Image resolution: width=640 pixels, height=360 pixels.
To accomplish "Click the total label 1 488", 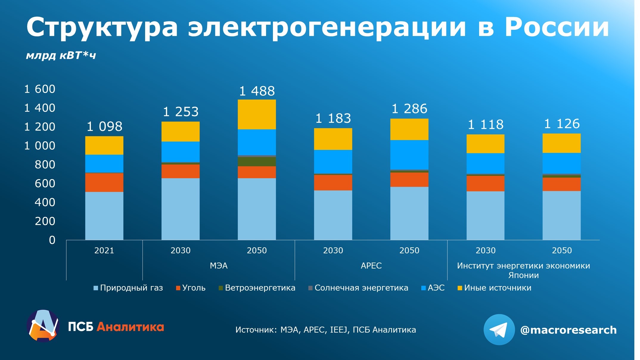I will coord(257,91).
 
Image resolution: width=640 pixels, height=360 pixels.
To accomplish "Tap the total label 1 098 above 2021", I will coord(104,127).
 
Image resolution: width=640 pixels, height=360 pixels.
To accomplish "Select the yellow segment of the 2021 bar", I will coord(104,145).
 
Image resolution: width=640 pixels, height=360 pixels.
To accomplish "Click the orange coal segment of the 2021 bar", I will coord(104,182).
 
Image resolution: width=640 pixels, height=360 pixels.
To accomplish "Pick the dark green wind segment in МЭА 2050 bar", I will coord(257,162).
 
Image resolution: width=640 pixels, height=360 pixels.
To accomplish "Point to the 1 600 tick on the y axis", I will coord(40,89).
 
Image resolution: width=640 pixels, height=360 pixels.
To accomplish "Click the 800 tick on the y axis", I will coord(45,165).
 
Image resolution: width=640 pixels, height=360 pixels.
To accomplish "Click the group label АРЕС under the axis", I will coord(371,266).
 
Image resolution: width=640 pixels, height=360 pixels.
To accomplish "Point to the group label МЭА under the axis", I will coord(219,266).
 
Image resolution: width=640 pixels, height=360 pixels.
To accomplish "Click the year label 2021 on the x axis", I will coord(104,250).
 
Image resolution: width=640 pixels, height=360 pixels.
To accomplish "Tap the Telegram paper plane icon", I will coord(499,330).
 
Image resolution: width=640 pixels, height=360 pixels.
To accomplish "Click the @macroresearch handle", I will coord(568,330).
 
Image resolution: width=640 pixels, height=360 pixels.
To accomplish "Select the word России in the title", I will coord(557,27).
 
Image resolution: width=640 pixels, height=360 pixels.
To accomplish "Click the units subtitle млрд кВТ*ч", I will coord(61,55).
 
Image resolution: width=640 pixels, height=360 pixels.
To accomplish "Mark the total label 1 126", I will coord(562,124).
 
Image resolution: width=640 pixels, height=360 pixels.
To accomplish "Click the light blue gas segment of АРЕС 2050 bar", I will coord(409,213).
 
